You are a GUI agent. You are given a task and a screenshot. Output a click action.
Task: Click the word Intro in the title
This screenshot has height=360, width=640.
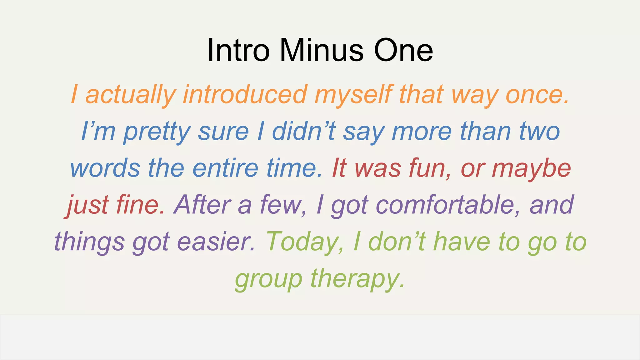click(238, 50)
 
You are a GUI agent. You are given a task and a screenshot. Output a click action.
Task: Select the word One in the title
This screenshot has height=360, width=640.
click(403, 50)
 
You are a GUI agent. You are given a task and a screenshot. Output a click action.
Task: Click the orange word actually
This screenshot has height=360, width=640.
click(131, 95)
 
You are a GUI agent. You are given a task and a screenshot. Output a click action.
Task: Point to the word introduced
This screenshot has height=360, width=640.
click(245, 95)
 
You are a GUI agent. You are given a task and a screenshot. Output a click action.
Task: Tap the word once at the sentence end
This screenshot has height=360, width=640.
click(537, 95)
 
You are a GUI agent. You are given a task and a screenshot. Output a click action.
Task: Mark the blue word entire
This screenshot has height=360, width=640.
click(225, 168)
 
